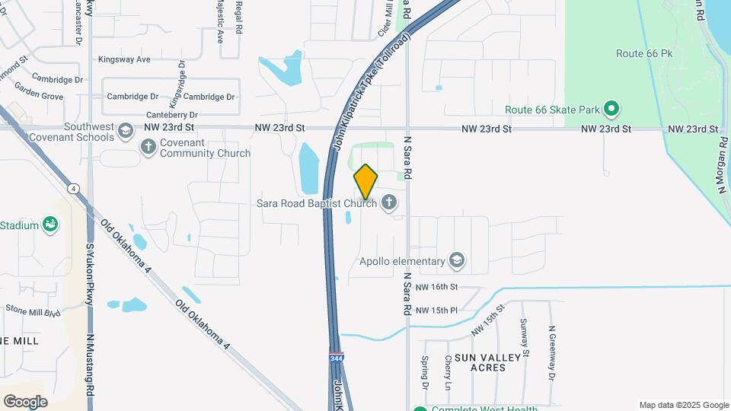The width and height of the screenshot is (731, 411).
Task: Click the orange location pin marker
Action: (x=365, y=182)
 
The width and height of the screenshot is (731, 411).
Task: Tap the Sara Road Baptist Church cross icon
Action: (x=389, y=202)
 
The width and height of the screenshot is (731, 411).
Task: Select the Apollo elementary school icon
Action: (x=457, y=261)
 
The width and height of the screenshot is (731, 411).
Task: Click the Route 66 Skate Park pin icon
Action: (x=611, y=110)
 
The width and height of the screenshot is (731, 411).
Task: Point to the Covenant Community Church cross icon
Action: (x=148, y=145)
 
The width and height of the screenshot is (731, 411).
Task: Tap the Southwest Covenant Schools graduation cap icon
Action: (x=124, y=132)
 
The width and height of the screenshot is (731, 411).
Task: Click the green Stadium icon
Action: (x=50, y=225)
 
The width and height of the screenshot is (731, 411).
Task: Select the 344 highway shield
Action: (x=336, y=358)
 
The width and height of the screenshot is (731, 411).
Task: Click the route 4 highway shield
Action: (x=73, y=188)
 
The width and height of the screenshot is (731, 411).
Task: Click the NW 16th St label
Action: (x=437, y=287)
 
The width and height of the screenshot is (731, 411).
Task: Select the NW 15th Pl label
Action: (x=436, y=311)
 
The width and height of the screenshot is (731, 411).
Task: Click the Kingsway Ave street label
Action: (x=124, y=59)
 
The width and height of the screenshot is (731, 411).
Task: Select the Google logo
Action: (x=25, y=401)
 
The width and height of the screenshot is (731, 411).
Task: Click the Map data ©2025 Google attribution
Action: (x=684, y=405)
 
